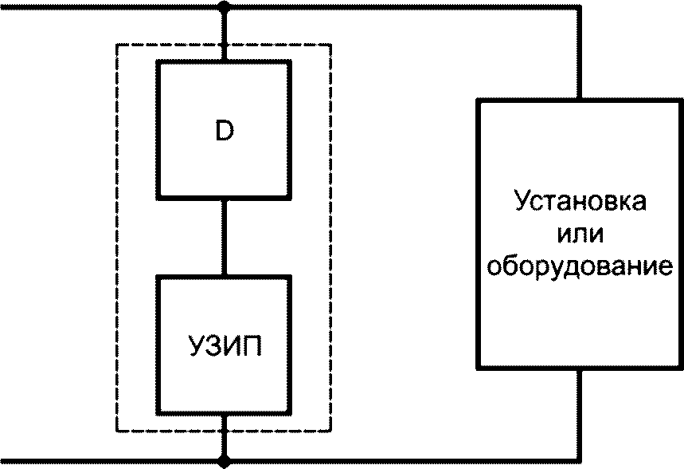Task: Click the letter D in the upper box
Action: tap(225, 130)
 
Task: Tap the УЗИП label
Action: tap(225, 346)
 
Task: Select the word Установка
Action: tap(580, 202)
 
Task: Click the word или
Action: tap(580, 233)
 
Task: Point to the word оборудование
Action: tap(580, 265)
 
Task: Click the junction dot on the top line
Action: tap(224, 6)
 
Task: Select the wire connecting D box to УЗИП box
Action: tap(224, 238)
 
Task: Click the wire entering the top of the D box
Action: tap(224, 33)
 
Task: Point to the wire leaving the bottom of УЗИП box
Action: tap(224, 436)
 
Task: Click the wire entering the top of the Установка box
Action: tap(580, 53)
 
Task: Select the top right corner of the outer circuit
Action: tap(580, 6)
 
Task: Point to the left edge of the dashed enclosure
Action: tap(116, 238)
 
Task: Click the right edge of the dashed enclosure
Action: tap(330, 238)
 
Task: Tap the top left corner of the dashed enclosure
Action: tap(116, 45)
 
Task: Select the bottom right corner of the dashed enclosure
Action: tap(330, 431)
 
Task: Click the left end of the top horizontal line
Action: tap(1, 6)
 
